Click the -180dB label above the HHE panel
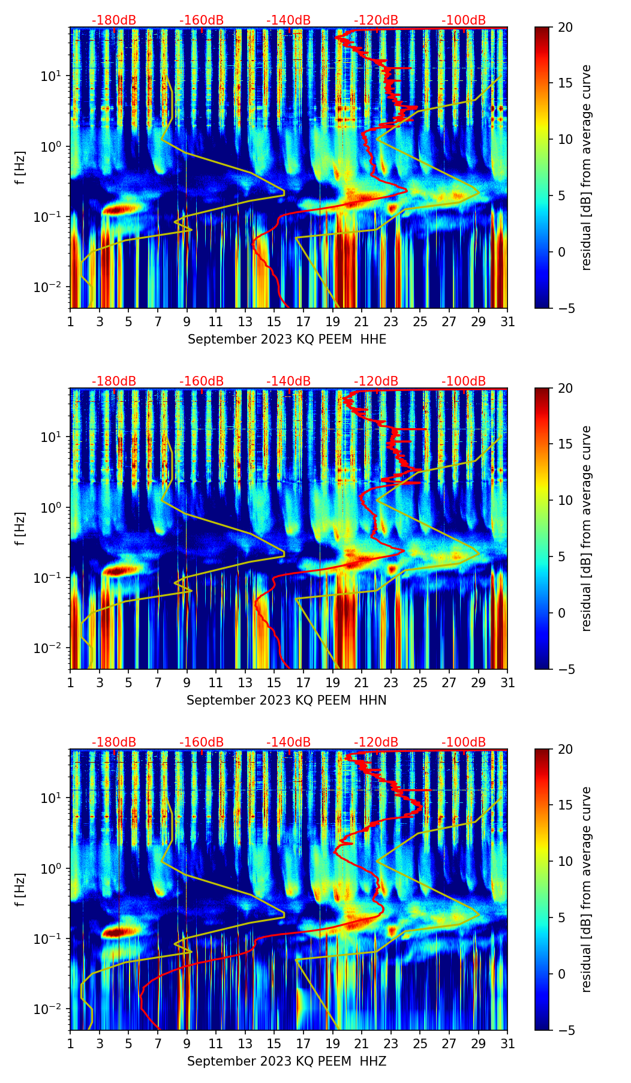(x=114, y=20)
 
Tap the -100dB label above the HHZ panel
(x=464, y=742)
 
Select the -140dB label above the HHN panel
(x=289, y=381)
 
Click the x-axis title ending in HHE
(x=287, y=339)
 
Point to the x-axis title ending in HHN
(x=286, y=700)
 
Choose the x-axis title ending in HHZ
(x=286, y=1061)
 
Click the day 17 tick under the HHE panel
(x=304, y=321)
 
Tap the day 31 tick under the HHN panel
(x=507, y=682)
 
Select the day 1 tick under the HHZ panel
(x=71, y=1043)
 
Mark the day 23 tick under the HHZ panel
(x=391, y=1043)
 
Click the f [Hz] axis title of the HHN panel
(x=22, y=528)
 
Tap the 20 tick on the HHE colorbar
(x=566, y=27)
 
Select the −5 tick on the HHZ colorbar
(x=566, y=1030)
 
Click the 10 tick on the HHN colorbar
(x=566, y=500)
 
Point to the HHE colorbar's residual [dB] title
(x=587, y=167)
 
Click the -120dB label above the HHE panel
(x=376, y=20)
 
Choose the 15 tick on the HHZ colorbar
(x=566, y=805)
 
